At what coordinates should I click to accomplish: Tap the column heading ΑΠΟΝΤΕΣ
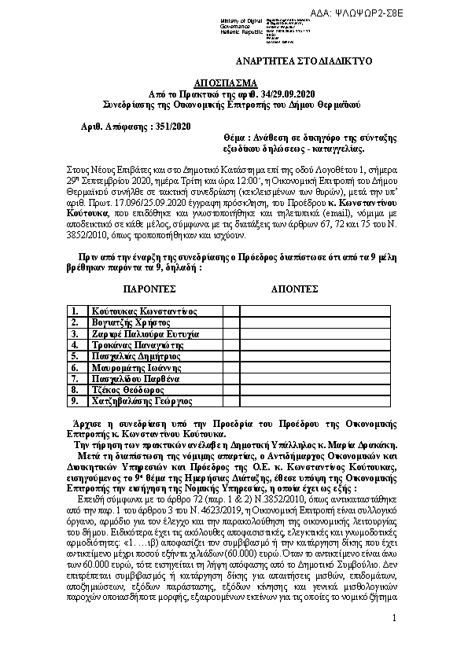(294, 289)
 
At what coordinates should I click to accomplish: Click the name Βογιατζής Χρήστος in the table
(131, 322)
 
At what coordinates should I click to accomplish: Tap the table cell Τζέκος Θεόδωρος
(127, 389)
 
